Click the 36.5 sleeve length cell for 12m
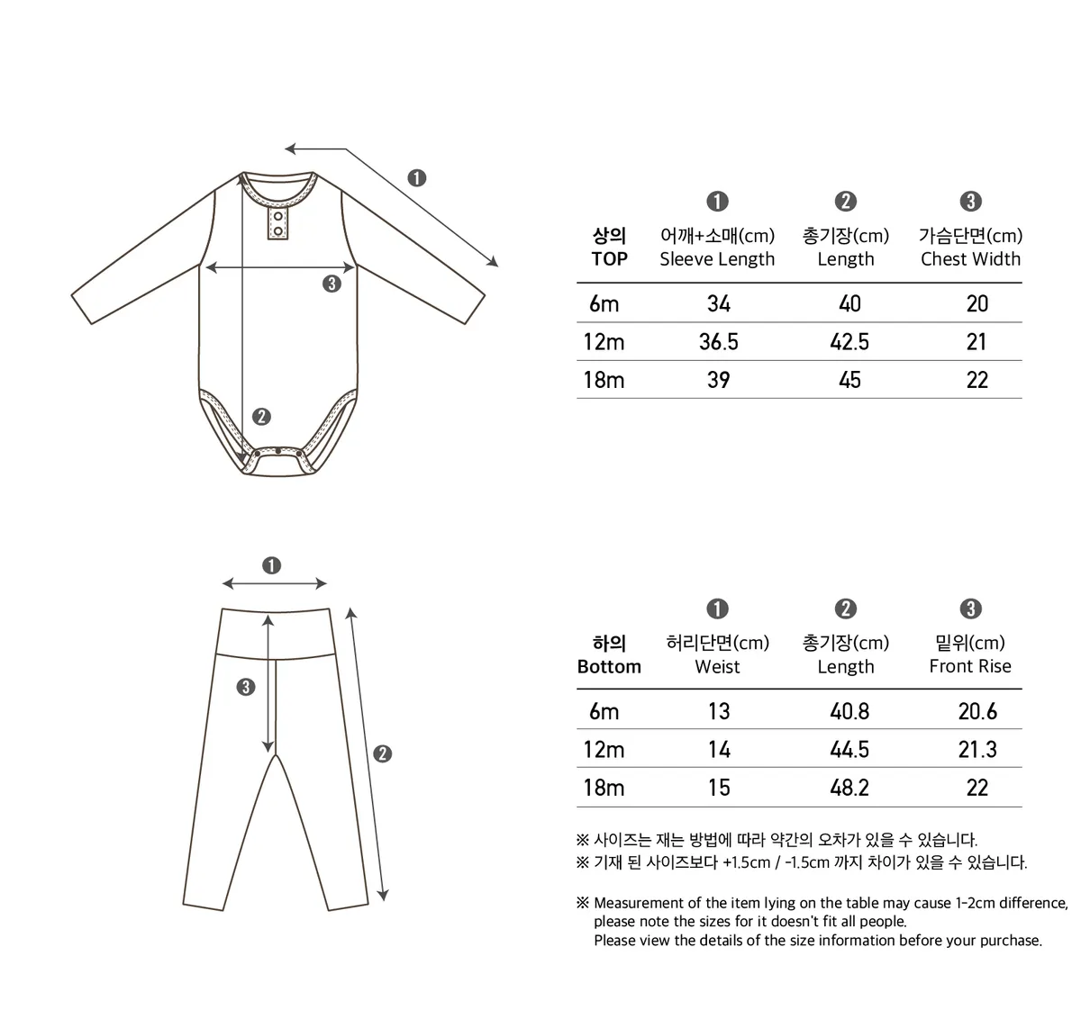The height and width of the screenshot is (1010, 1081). pyautogui.click(x=718, y=342)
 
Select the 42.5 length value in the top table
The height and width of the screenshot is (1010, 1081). pyautogui.click(x=849, y=342)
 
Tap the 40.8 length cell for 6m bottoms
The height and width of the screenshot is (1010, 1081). pyautogui.click(x=849, y=712)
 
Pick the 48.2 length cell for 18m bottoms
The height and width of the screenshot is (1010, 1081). pyautogui.click(x=849, y=789)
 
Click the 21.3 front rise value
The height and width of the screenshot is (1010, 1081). pyautogui.click(x=977, y=750)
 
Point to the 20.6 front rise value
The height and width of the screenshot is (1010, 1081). pyautogui.click(x=977, y=712)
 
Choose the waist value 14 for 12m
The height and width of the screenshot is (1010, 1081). pyautogui.click(x=719, y=750)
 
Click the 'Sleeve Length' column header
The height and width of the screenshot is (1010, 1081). pyautogui.click(x=717, y=259)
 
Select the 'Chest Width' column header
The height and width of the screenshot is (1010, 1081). pyautogui.click(x=970, y=259)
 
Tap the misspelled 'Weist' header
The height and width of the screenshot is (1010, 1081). pyautogui.click(x=717, y=667)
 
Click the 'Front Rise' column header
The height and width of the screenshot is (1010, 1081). pyautogui.click(x=970, y=667)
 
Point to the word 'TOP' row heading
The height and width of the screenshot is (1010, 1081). pyautogui.click(x=609, y=259)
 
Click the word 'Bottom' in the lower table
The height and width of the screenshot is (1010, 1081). pyautogui.click(x=609, y=667)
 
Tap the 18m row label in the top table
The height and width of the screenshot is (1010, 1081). pyautogui.click(x=604, y=380)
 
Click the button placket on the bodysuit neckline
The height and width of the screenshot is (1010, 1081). pyautogui.click(x=278, y=223)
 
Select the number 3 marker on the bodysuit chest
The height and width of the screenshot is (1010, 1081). pyautogui.click(x=332, y=284)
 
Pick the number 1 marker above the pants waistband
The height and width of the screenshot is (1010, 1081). pyautogui.click(x=272, y=565)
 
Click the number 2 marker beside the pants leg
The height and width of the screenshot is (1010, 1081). pyautogui.click(x=382, y=753)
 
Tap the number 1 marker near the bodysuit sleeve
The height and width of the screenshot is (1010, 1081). pyautogui.click(x=416, y=177)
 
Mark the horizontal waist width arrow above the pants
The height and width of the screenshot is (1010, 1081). pyautogui.click(x=274, y=584)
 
